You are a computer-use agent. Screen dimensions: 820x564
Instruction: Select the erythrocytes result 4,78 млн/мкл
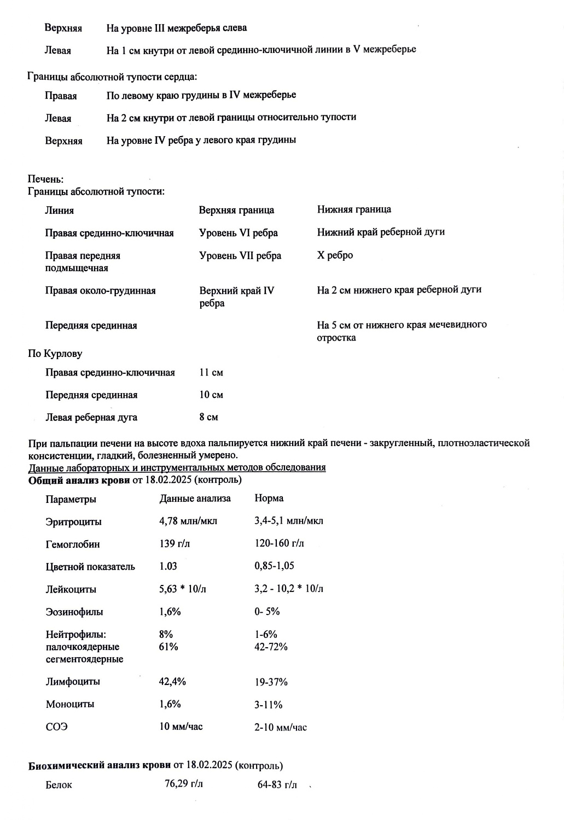click(188, 521)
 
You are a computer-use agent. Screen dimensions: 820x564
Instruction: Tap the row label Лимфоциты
click(73, 682)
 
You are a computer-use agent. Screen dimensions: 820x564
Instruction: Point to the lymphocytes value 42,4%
click(172, 682)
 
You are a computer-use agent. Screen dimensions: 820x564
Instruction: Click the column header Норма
click(269, 499)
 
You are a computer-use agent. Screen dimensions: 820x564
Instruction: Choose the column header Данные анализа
click(195, 499)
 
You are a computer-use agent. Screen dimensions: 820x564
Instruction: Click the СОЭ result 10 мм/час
click(181, 727)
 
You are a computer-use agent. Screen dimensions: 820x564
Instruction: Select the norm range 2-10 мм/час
click(281, 727)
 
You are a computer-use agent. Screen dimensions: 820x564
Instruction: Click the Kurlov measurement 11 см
click(211, 373)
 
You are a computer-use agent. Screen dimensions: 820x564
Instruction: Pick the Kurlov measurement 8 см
click(208, 417)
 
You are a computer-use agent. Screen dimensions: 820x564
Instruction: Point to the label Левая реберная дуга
click(91, 418)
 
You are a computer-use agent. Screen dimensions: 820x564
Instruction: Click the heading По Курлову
click(55, 354)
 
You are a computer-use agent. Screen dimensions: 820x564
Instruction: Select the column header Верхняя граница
click(236, 210)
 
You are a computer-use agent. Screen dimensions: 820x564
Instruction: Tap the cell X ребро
click(335, 255)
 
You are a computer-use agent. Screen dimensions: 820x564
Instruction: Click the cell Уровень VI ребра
click(238, 233)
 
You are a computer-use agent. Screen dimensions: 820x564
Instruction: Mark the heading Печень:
click(46, 179)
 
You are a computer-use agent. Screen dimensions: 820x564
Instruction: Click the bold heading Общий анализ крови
click(79, 480)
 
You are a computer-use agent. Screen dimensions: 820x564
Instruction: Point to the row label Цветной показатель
click(90, 567)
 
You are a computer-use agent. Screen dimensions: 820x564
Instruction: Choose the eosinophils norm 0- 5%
click(267, 612)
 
